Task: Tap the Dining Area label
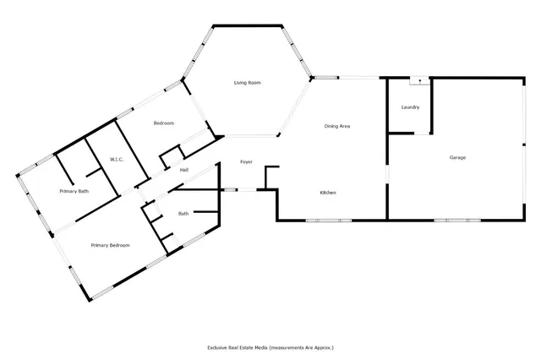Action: point(337,127)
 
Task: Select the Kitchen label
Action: point(328,194)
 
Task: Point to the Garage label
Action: point(457,158)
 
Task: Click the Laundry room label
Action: point(410,107)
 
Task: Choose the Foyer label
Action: point(246,161)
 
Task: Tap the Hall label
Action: point(183,170)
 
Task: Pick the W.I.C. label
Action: point(117,159)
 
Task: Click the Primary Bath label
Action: point(74,192)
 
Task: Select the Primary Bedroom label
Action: point(111,245)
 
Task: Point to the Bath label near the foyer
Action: point(183,214)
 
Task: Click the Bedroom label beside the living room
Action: point(163,124)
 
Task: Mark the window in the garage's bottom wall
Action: point(453,221)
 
